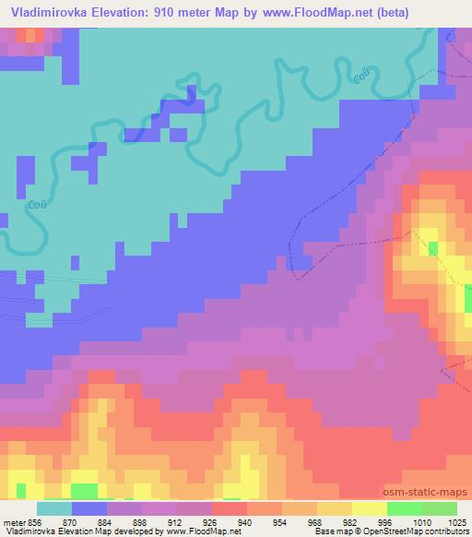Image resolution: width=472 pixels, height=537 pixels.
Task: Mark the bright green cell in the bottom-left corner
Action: click(x=84, y=488)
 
